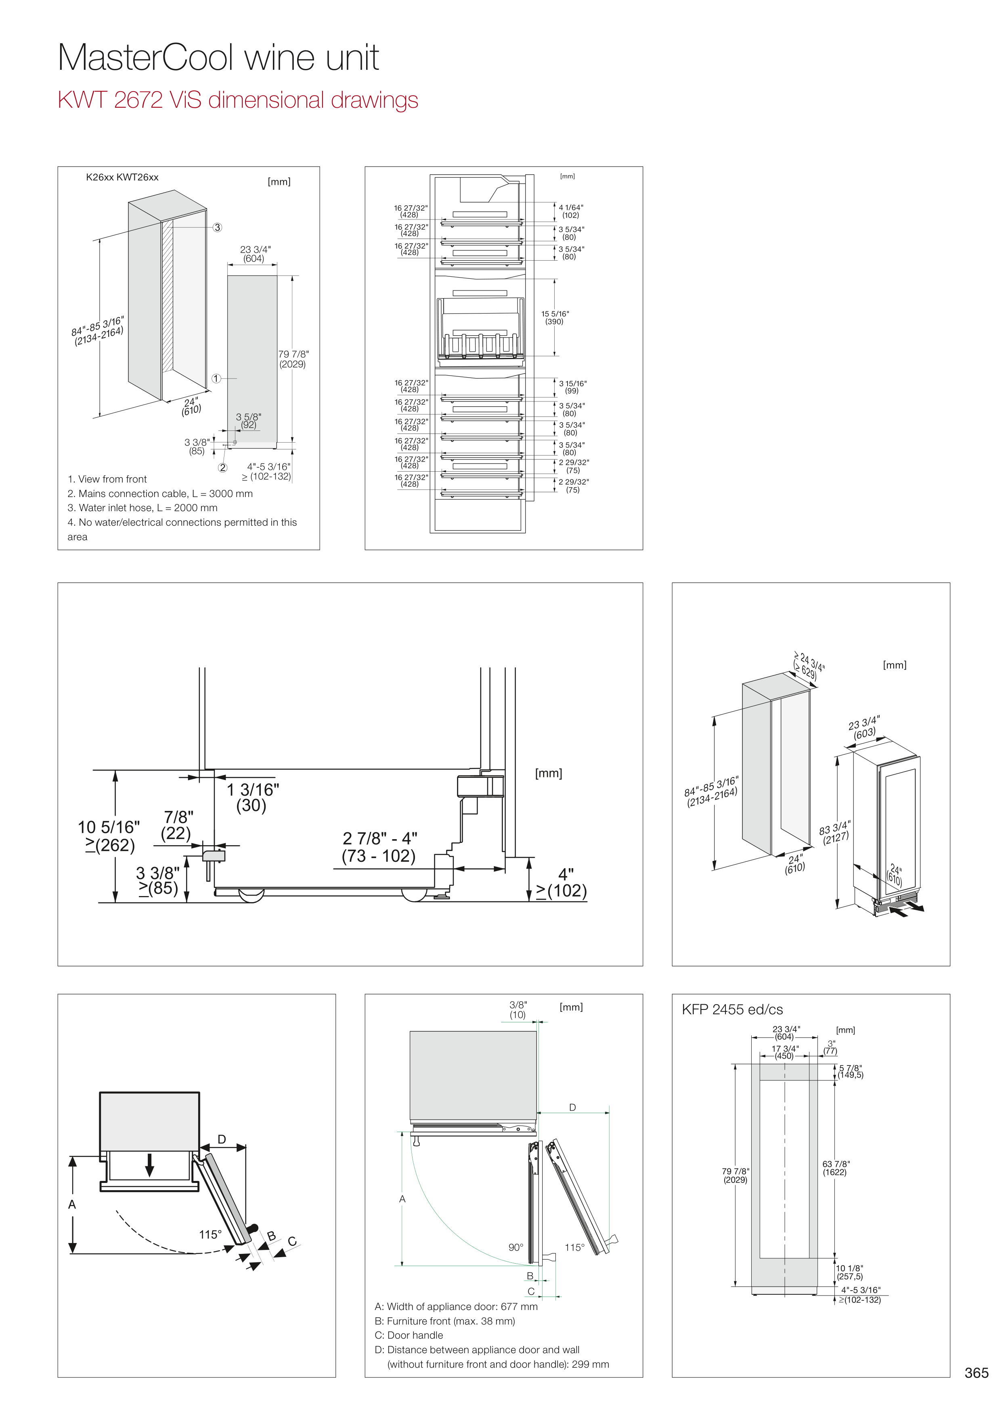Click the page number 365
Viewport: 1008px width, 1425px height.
coord(976,1372)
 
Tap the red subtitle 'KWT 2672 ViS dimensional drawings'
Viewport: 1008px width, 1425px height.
coord(237,100)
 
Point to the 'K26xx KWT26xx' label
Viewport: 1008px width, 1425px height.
coord(122,178)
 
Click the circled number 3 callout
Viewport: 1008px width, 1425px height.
coord(217,227)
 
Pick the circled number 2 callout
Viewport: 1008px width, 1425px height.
coord(222,467)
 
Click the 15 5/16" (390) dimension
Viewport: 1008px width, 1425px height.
coord(555,318)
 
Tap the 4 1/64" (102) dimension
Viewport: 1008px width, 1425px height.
coord(571,212)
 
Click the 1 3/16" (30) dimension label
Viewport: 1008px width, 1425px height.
coord(252,798)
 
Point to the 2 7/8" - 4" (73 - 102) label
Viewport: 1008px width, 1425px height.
coord(379,847)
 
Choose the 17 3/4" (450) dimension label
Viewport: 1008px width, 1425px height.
coord(784,1052)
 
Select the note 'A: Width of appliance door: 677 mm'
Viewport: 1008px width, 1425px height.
coord(456,1306)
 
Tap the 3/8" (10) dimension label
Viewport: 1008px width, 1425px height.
coord(518,1010)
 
